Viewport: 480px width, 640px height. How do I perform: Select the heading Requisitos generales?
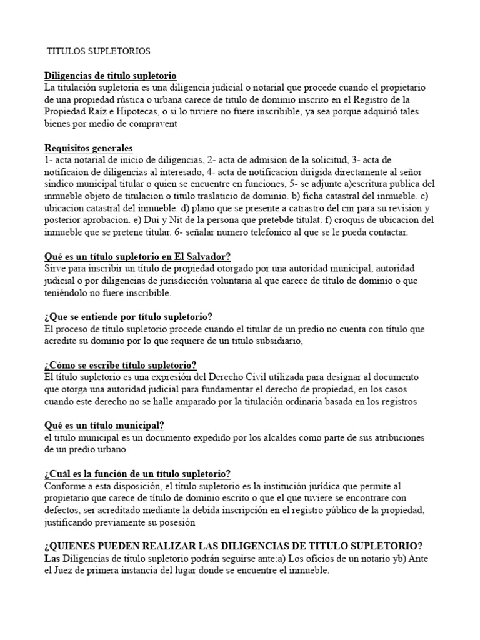(89, 148)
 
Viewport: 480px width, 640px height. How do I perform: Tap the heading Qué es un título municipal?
(104, 425)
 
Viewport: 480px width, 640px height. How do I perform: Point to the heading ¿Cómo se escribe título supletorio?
(121, 365)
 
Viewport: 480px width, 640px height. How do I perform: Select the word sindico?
(59, 184)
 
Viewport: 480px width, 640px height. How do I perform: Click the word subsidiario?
(275, 341)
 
